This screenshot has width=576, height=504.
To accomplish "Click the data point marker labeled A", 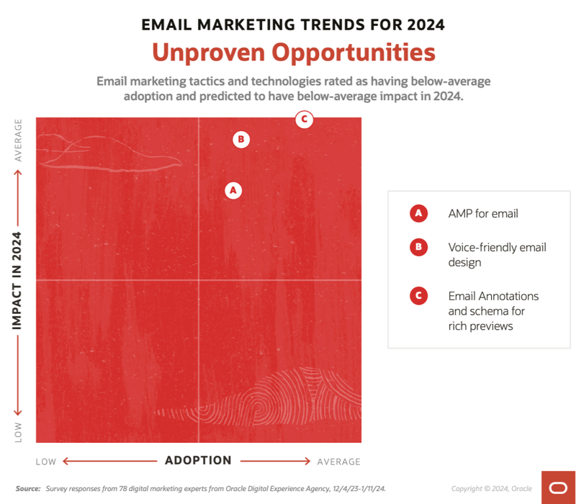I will (232, 190).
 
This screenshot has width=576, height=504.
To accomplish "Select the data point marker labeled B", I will (241, 139).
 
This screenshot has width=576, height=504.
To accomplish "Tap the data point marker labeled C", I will (305, 120).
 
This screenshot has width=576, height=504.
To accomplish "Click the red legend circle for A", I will (418, 213).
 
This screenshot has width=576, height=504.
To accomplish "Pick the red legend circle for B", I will (418, 248).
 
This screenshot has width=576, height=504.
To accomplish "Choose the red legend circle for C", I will (418, 296).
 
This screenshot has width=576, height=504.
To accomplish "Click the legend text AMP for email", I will (483, 213).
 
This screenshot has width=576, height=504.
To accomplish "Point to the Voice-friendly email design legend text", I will (497, 255).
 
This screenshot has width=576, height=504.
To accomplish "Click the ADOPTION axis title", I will (198, 461).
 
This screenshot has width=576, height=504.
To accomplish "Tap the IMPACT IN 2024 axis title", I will (18, 280).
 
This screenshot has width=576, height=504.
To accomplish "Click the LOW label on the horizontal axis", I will (46, 462).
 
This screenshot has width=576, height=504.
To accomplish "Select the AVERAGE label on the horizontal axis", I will (338, 462).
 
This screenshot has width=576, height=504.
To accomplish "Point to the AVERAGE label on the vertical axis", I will (18, 140).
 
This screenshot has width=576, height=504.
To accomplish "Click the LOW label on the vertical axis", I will (18, 432).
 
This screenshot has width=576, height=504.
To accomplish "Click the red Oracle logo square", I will (558, 487).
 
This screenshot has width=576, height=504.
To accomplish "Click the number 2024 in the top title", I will (426, 24).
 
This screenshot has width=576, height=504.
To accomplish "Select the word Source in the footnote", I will (28, 489).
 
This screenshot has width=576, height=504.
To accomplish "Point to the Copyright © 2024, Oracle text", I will (492, 489).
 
